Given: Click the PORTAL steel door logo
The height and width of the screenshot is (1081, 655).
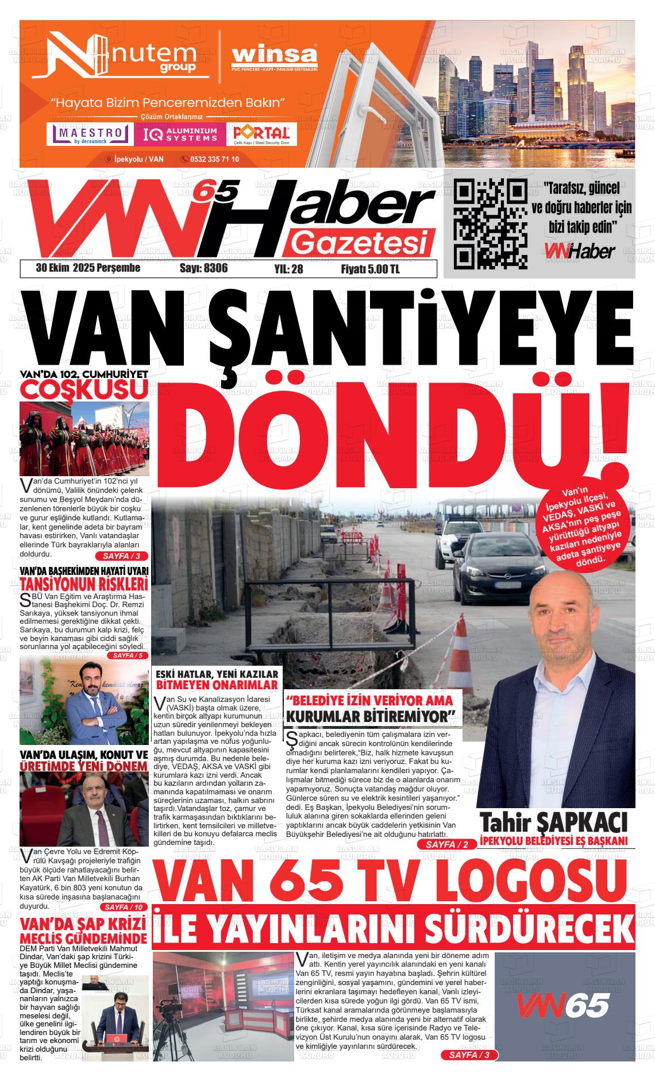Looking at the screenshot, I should click(261, 134).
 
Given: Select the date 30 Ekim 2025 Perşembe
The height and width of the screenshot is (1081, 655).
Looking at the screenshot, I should click(88, 268).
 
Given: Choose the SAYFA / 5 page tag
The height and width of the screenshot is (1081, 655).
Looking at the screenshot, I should click(128, 655).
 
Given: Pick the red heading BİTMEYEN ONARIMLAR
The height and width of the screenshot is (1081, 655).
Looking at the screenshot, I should click(217, 685).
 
